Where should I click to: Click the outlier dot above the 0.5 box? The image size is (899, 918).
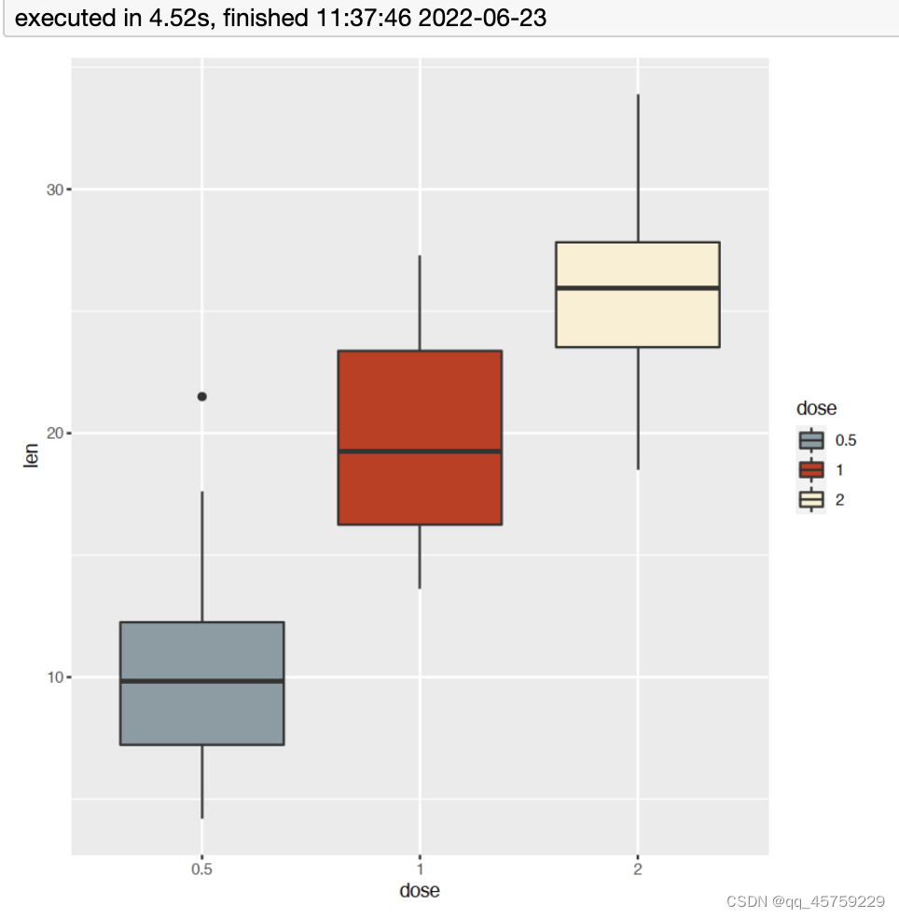pos(202,396)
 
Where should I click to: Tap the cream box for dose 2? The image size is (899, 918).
pos(637,317)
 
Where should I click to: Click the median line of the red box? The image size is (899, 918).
pos(420,452)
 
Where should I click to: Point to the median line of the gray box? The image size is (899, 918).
pos(202,681)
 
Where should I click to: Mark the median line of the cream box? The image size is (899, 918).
pos(637,288)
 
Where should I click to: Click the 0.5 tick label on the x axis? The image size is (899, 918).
pos(201,869)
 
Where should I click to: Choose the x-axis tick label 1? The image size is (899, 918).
pos(420,869)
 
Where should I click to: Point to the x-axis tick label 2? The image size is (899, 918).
pos(638,869)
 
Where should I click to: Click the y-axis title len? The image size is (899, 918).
pos(32,457)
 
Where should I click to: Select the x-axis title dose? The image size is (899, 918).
pos(420,891)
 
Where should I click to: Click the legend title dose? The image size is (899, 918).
pos(816,409)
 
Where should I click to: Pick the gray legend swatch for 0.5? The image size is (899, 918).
pos(811,440)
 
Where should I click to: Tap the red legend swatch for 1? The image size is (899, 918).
pos(811,470)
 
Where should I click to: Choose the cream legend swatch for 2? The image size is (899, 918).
pos(811,500)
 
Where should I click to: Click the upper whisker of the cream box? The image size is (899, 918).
pos(638,168)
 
